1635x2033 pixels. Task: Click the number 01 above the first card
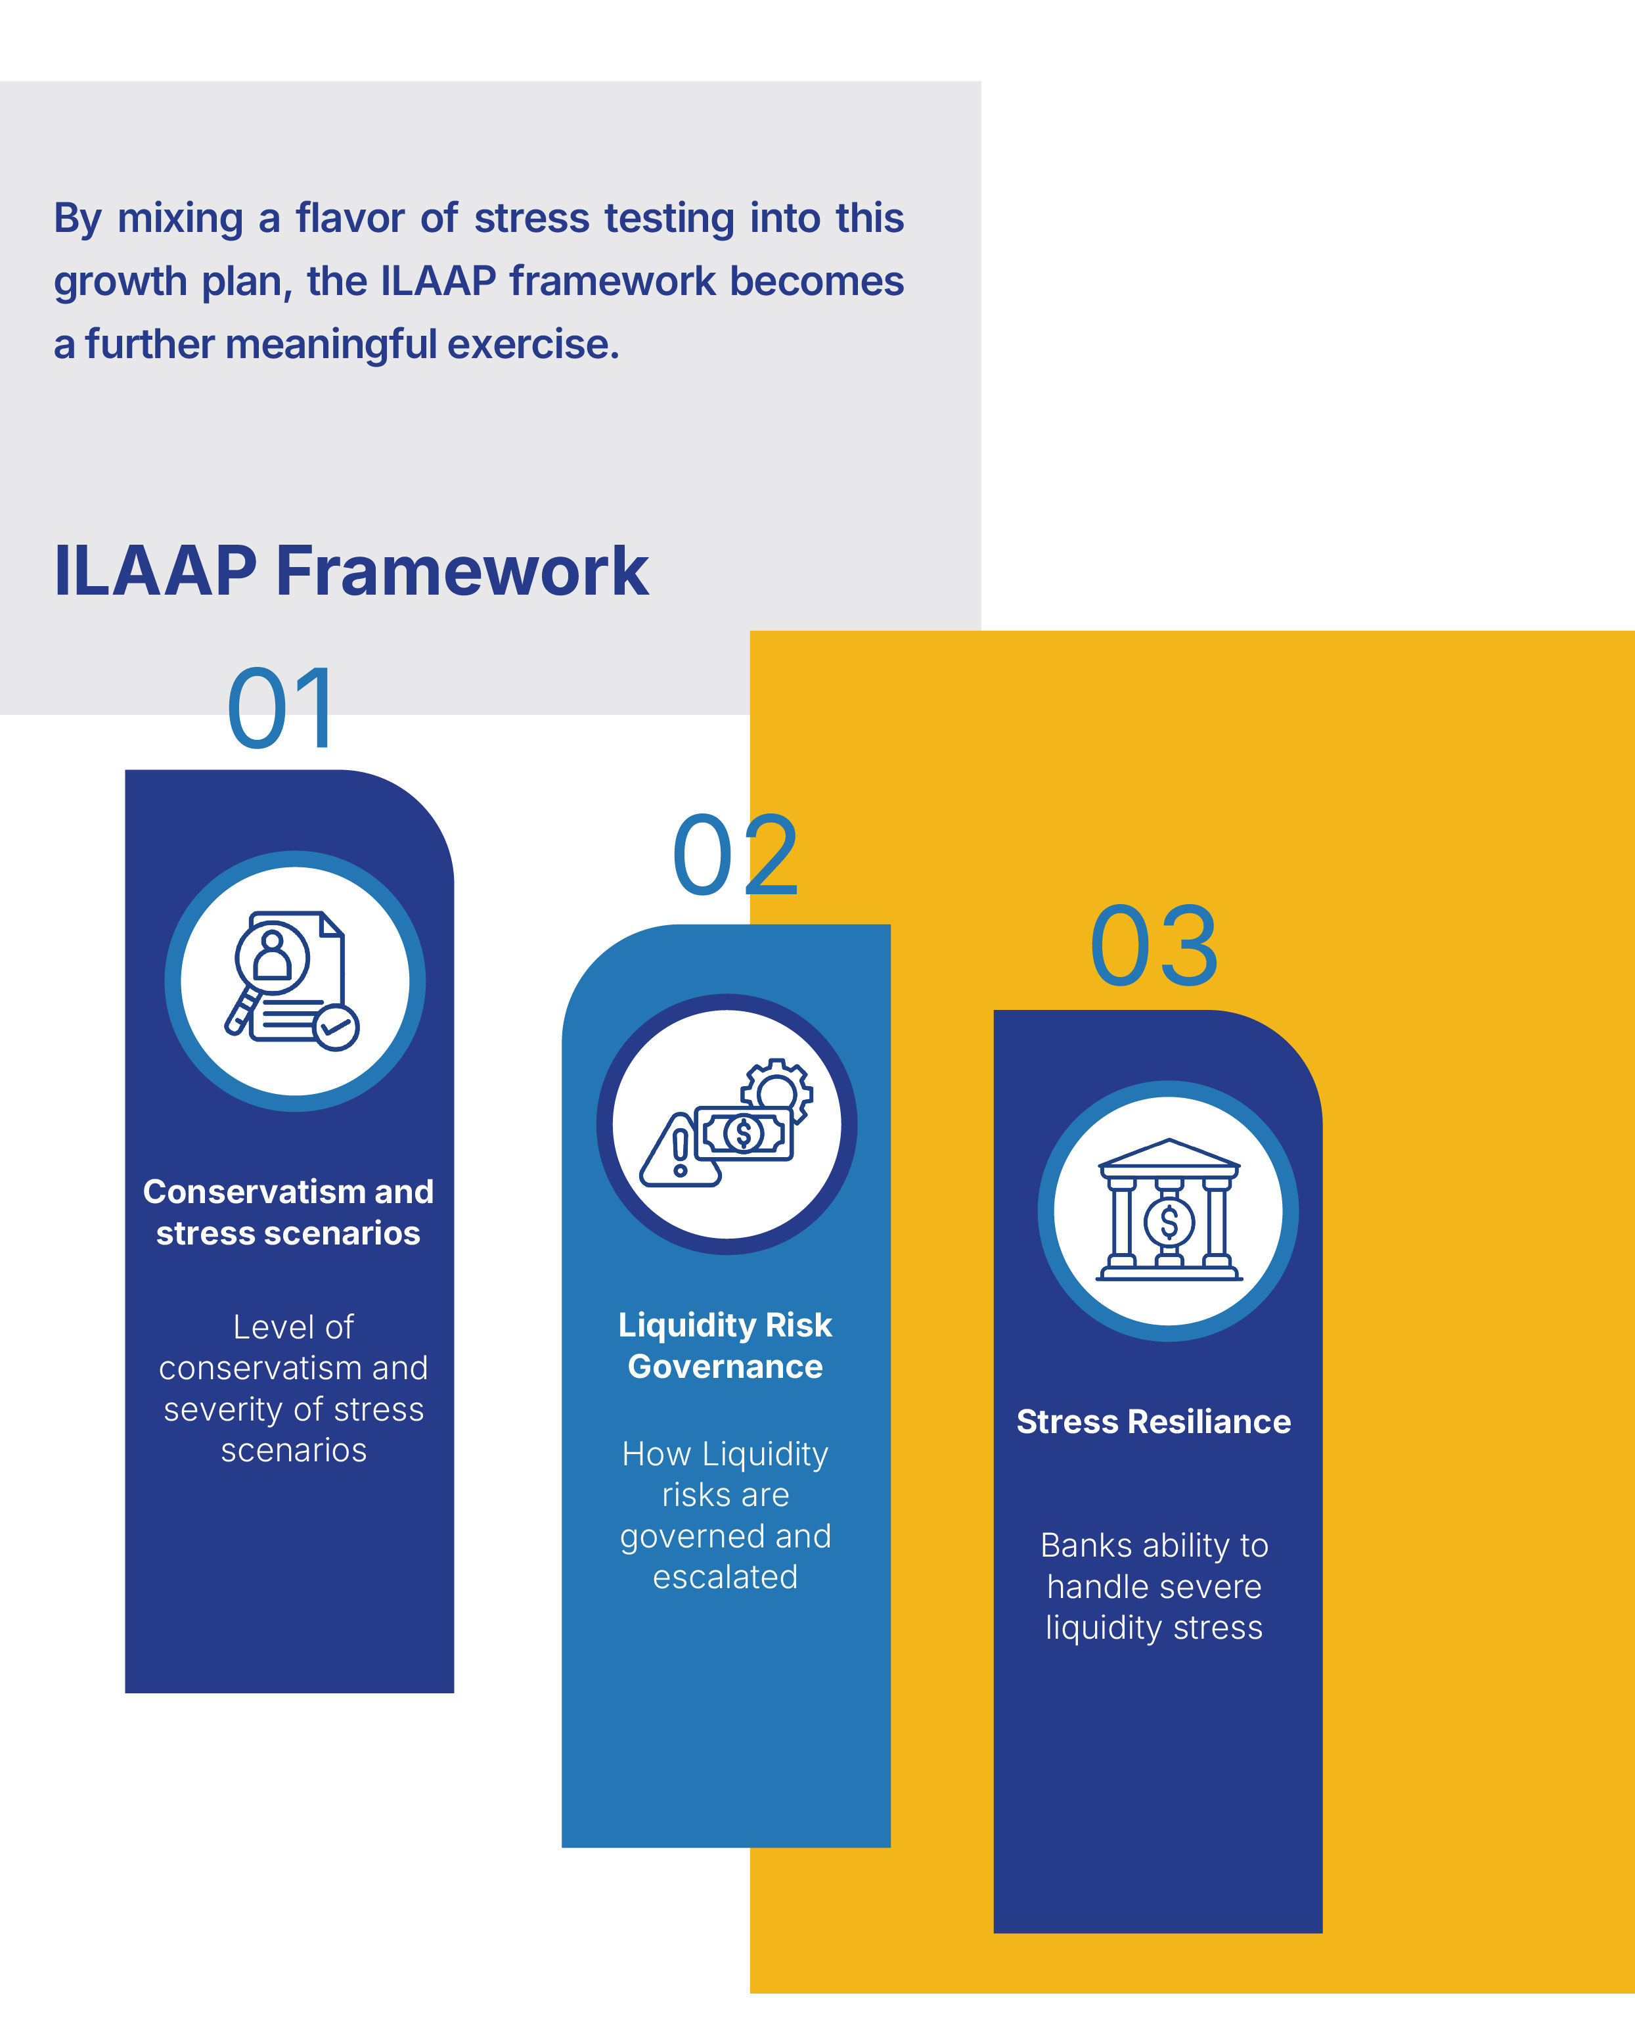pos(281,707)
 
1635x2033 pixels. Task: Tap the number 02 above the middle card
pos(736,856)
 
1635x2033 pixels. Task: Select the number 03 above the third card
pos(1154,946)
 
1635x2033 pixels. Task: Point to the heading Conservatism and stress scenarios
pos(288,1212)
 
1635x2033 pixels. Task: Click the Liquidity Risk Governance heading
pos(725,1346)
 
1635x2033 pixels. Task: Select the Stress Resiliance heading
pos(1154,1421)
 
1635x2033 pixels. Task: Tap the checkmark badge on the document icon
pos(336,1027)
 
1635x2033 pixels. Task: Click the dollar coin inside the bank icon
pos(1169,1222)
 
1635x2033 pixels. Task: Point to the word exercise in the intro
pos(533,344)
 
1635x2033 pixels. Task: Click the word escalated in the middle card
pos(725,1576)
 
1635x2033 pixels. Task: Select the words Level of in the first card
pos(293,1327)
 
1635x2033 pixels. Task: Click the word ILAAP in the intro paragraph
pos(438,281)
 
